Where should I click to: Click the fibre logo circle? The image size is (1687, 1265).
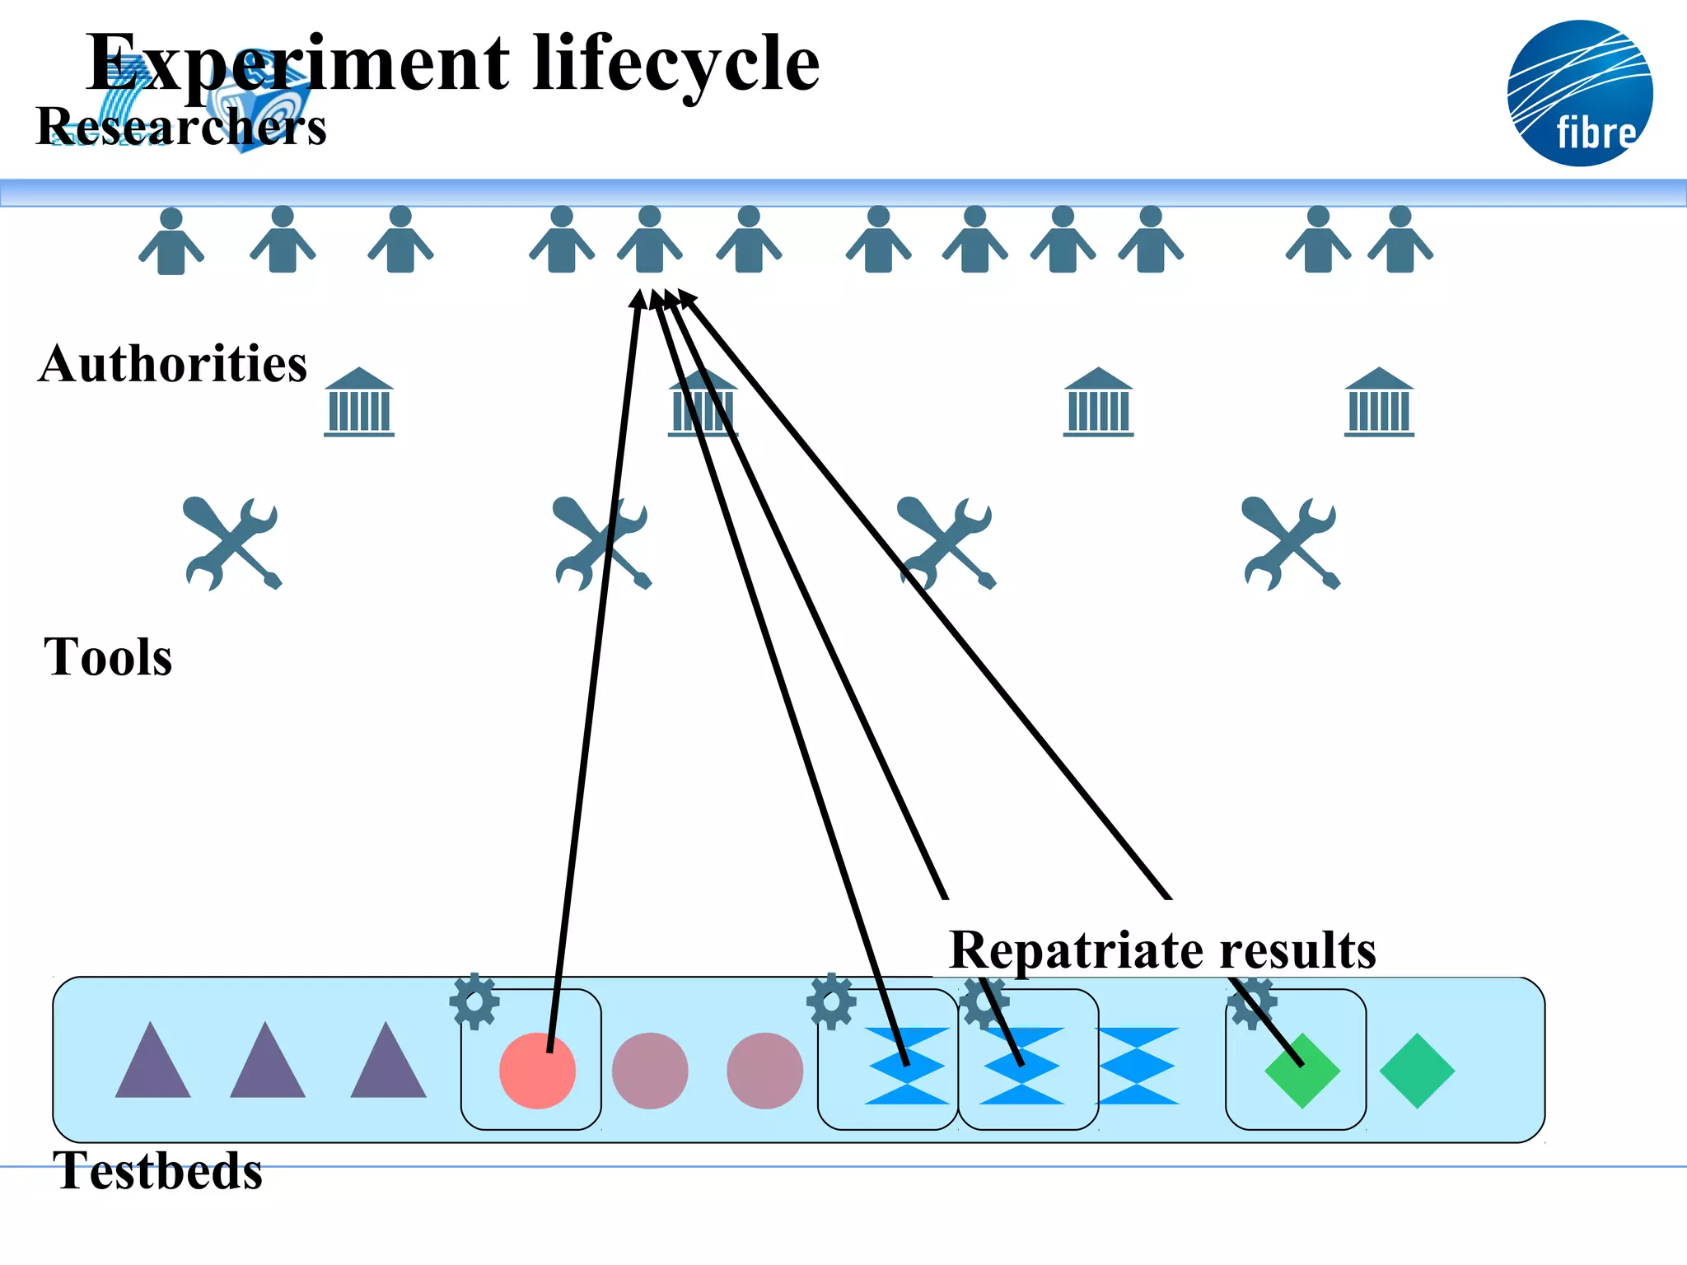point(1579,93)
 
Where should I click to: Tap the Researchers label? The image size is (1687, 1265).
point(181,128)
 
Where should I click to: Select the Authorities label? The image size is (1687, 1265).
point(173,364)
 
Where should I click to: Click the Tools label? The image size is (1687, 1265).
point(108,657)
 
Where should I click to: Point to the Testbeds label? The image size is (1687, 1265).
point(157,1171)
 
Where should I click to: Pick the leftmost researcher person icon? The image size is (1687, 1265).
point(171,241)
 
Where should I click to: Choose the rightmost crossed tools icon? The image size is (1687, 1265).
point(1292,543)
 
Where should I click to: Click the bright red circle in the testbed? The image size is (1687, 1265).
point(537,1071)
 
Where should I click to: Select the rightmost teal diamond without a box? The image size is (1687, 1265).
point(1417,1071)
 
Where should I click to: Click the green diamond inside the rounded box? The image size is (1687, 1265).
point(1302,1071)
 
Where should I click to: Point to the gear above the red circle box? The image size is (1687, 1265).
point(474,1001)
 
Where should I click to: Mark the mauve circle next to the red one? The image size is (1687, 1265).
point(650,1071)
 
